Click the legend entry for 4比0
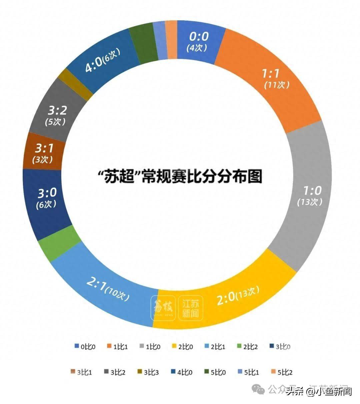[x=182, y=372]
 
